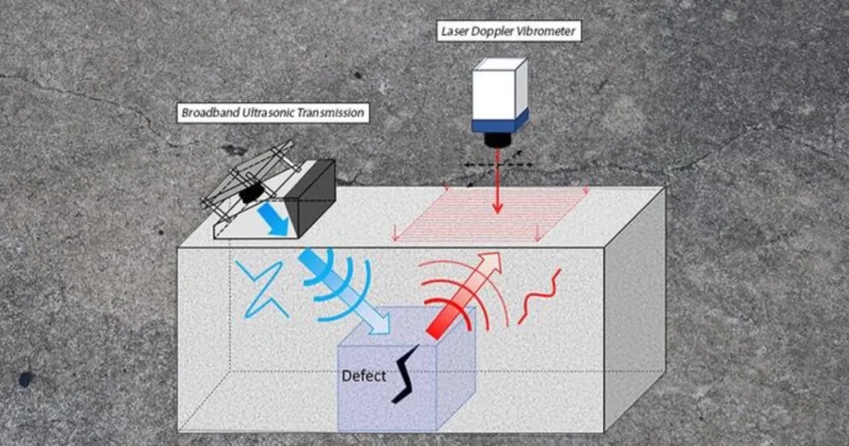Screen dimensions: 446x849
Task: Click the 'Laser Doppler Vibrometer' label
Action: tap(507, 32)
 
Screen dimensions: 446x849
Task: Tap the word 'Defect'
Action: tap(364, 376)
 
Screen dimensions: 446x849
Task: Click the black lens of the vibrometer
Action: tap(497, 139)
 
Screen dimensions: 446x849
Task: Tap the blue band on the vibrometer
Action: tap(499, 123)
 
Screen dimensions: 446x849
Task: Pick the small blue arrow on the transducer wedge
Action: tap(274, 220)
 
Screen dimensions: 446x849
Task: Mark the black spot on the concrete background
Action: tap(26, 379)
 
